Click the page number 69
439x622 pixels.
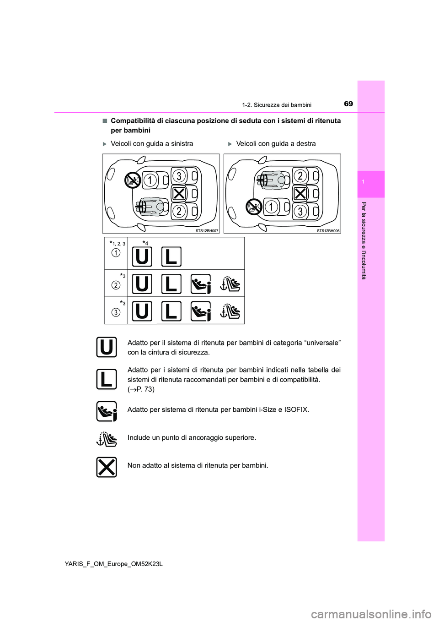click(348, 104)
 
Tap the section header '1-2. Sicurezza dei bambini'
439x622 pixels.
click(277, 105)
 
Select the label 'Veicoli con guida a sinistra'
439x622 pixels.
click(152, 144)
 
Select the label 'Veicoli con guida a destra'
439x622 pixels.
click(276, 144)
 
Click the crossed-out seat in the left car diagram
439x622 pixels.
click(179, 194)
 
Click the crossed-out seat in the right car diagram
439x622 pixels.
click(300, 194)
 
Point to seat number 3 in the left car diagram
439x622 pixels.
click(179, 176)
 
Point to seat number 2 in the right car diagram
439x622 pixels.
click(300, 176)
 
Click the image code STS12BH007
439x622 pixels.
click(207, 231)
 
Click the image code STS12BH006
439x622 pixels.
click(328, 231)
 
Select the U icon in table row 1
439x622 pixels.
click(142, 256)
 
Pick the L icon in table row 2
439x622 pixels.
click(171, 284)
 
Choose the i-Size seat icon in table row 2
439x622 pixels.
click(201, 284)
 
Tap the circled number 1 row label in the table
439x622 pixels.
click(116, 253)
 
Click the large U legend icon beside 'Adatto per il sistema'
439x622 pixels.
click(107, 347)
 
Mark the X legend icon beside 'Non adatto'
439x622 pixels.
click(107, 467)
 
